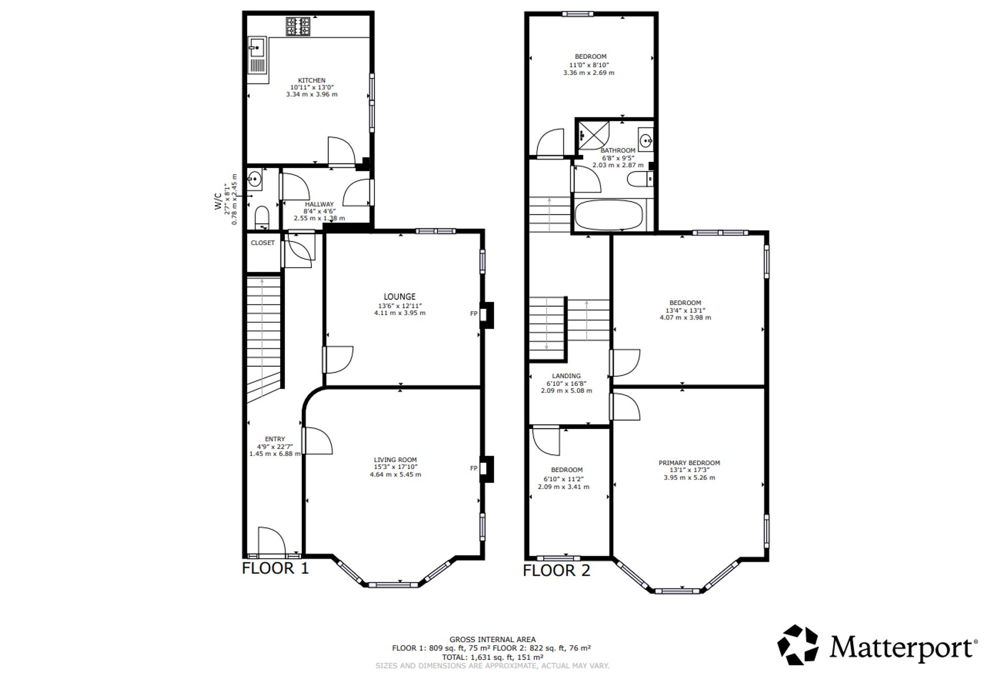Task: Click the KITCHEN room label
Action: pos(311,80)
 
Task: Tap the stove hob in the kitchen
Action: pos(298,27)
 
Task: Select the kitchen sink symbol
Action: pos(257,56)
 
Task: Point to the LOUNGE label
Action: pos(399,296)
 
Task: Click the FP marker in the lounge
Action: pos(473,314)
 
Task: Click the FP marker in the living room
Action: pos(473,468)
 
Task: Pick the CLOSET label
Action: pos(263,243)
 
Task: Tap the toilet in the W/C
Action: pos(262,217)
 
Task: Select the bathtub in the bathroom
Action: pos(609,215)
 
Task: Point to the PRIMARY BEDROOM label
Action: pos(689,463)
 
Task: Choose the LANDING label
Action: pos(566,376)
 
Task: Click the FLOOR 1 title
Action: pos(275,568)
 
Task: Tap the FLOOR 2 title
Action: pos(556,570)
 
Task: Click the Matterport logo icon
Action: pos(798,645)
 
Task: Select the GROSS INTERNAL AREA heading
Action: pos(492,639)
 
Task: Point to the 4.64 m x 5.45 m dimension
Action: pos(395,474)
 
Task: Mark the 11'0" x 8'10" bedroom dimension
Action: pos(589,65)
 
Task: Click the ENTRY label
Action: pos(275,439)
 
